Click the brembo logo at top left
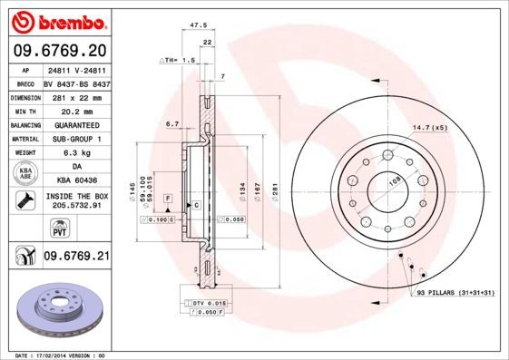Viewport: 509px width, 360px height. (x=56, y=20)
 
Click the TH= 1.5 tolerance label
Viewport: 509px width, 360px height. (x=178, y=60)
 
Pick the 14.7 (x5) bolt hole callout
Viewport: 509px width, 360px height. (x=431, y=126)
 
